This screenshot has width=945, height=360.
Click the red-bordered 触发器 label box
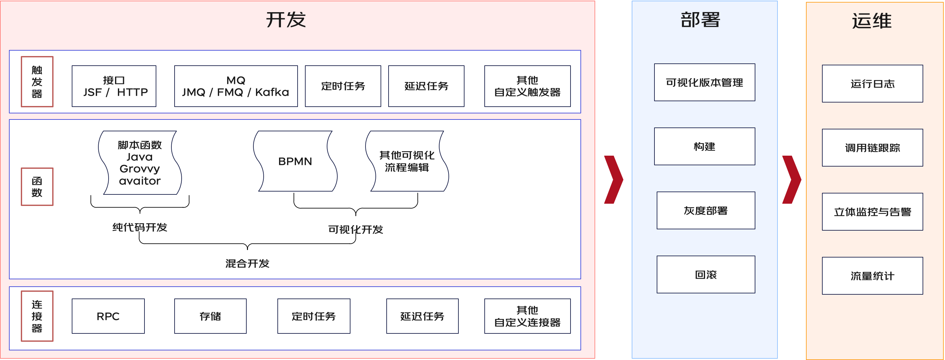(37, 81)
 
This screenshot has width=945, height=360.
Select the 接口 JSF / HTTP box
(114, 86)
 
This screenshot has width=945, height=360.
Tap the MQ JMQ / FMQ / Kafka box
(236, 86)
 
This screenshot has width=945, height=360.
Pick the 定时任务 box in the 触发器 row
(343, 86)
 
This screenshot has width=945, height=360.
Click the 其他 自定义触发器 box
(527, 86)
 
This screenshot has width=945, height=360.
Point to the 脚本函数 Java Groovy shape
(140, 163)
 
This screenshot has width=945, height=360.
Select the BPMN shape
(295, 161)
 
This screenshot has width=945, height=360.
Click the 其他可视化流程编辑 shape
(407, 161)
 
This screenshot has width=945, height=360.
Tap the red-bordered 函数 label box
(37, 187)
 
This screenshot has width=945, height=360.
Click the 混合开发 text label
(247, 264)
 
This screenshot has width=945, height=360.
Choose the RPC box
(108, 316)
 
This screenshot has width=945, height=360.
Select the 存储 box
(210, 316)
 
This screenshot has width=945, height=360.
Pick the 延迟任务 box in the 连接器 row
(422, 316)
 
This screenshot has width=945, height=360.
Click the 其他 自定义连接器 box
(527, 316)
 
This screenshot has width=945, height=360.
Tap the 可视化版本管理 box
(704, 82)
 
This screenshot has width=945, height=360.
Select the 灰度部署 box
(706, 210)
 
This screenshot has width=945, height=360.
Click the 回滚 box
(706, 274)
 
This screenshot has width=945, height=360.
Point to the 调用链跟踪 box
(872, 148)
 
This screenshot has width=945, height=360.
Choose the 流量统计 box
(872, 275)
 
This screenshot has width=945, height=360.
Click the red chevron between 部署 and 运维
(793, 179)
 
